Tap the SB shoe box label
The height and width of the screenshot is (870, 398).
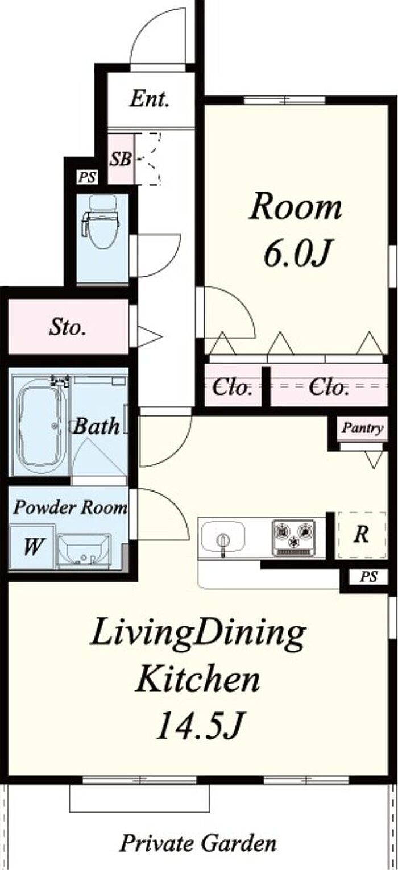(121, 159)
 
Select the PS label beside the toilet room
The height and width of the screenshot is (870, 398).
(87, 177)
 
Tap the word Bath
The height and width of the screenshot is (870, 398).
(97, 426)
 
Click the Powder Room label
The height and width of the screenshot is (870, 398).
(71, 507)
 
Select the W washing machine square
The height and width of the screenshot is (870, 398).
(32, 547)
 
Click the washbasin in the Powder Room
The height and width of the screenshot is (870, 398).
(84, 550)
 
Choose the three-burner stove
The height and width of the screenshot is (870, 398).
(293, 538)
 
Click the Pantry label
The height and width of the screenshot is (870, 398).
(363, 428)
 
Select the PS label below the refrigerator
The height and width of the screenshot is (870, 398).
(368, 576)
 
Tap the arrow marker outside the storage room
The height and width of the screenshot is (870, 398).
(149, 336)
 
